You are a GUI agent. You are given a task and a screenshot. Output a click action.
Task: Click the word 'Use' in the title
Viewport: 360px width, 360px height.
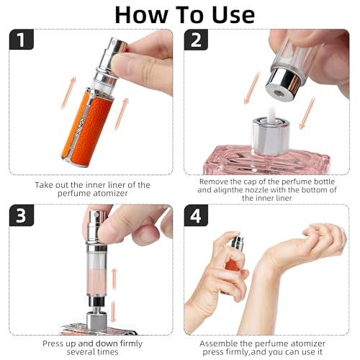pyautogui.click(x=229, y=14)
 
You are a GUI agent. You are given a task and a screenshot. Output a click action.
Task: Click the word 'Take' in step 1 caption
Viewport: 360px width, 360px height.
pyautogui.click(x=46, y=185)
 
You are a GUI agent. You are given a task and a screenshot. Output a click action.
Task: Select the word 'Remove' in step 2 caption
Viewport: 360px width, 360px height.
pyautogui.click(x=214, y=182)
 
